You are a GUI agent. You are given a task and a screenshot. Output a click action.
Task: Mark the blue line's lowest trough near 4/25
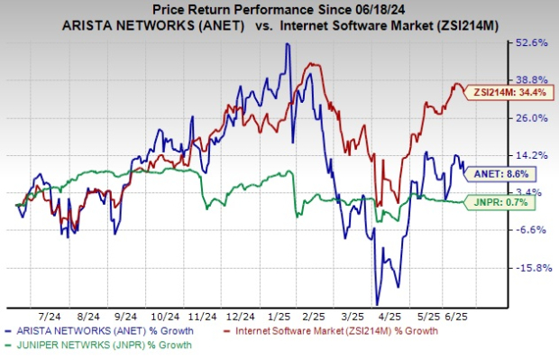(377, 304)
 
